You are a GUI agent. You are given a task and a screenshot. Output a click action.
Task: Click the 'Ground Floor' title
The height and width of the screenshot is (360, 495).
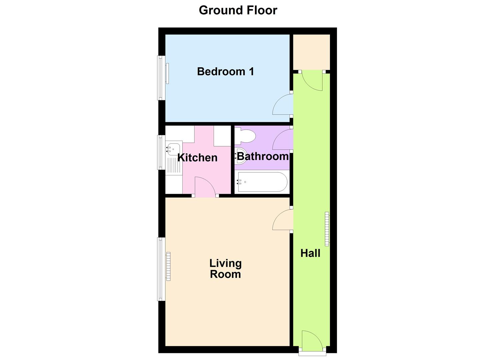point(238,10)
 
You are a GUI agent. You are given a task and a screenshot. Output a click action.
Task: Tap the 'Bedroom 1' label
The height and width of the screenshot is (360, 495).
point(225,71)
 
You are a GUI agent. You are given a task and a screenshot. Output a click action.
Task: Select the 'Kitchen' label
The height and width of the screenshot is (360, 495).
point(197,157)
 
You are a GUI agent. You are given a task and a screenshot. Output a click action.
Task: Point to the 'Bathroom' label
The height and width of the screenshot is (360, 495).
point(262,156)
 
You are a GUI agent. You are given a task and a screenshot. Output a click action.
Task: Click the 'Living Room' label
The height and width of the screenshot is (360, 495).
point(225,269)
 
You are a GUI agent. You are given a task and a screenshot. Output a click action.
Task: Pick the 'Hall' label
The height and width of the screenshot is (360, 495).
point(310,253)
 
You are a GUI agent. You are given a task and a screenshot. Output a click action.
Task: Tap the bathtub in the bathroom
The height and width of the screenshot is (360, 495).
point(261,182)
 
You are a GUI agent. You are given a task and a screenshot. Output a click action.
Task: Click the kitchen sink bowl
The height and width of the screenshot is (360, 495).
point(174,148)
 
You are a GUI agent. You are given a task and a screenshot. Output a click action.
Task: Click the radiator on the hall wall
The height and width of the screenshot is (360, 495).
point(327,229)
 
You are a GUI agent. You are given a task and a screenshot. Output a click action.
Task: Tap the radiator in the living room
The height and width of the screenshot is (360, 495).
point(168,266)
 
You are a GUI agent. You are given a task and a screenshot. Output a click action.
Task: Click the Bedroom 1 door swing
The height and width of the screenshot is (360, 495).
point(283,105)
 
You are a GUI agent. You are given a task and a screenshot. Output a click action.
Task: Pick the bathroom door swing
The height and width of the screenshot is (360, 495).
point(283,140)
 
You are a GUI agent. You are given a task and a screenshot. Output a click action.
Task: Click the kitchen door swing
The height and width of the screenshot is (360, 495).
point(205,187)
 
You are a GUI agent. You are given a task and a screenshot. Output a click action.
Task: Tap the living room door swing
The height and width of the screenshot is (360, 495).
point(283,220)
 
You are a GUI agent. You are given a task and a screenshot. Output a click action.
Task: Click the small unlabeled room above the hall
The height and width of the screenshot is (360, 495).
point(311,52)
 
